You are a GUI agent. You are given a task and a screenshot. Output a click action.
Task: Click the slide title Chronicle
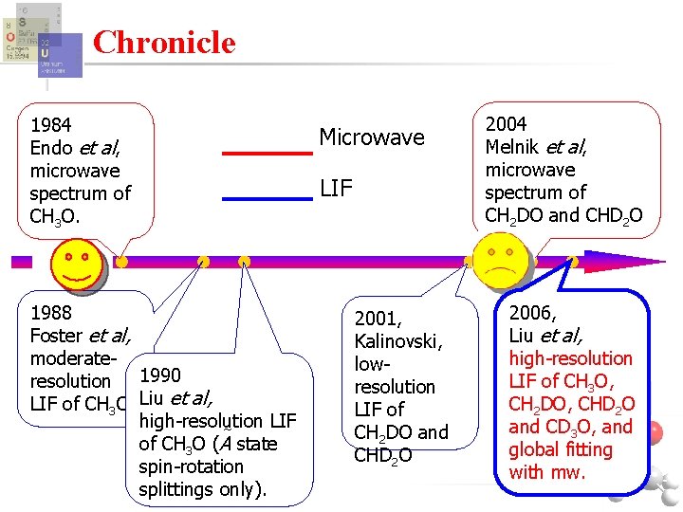coord(164,43)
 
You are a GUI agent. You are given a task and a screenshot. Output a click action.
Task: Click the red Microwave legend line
coord(267,153)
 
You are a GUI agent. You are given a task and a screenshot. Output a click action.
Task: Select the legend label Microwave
coord(371,137)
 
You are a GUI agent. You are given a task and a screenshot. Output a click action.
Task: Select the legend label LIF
coord(336,189)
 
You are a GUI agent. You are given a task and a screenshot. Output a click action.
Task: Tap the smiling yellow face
coord(79,265)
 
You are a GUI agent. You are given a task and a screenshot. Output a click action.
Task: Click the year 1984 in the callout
coord(51,124)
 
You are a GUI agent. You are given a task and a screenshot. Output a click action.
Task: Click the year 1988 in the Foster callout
coord(51,312)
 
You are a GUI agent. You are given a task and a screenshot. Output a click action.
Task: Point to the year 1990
coord(159,375)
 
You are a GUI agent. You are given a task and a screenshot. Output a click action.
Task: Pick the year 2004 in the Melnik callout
coord(506,123)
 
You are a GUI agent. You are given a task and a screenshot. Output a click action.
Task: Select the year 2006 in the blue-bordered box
coord(532,313)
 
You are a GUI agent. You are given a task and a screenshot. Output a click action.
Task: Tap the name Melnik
coord(514,146)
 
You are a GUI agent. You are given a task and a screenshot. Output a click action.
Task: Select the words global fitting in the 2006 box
coord(560,449)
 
